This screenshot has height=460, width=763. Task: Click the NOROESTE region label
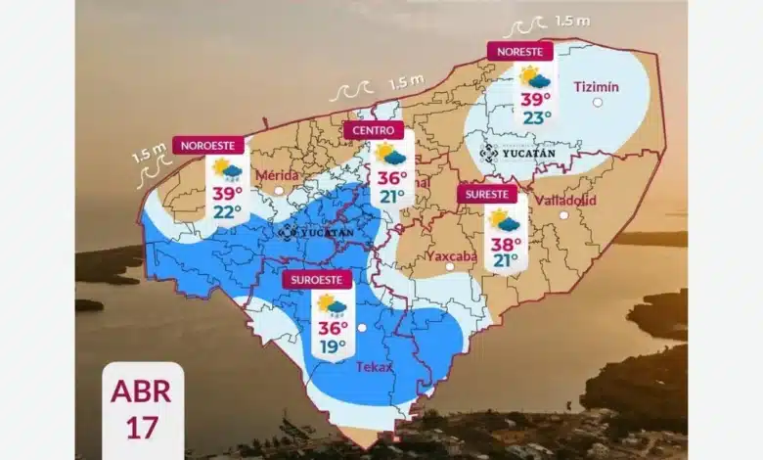tap(206, 146)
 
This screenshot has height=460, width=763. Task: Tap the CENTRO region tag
tap(373, 130)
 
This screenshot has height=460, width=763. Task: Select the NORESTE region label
tap(519, 51)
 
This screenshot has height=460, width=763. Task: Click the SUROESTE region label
tap(316, 280)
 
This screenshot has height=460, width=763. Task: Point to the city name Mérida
tap(276, 175)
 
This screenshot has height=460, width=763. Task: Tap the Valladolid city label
tap(564, 200)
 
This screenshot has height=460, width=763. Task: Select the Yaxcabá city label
tap(451, 256)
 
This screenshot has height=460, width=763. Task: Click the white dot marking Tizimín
tap(598, 102)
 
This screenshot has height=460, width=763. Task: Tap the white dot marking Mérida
tap(279, 191)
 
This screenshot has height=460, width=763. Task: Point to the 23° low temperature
tap(536, 117)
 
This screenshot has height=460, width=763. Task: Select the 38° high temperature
tap(505, 244)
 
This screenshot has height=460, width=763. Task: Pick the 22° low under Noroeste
tap(227, 211)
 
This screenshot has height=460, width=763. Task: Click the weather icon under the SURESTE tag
tap(505, 220)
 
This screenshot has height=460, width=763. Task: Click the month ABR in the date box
tap(141, 391)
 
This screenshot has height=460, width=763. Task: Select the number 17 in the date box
tap(141, 428)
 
